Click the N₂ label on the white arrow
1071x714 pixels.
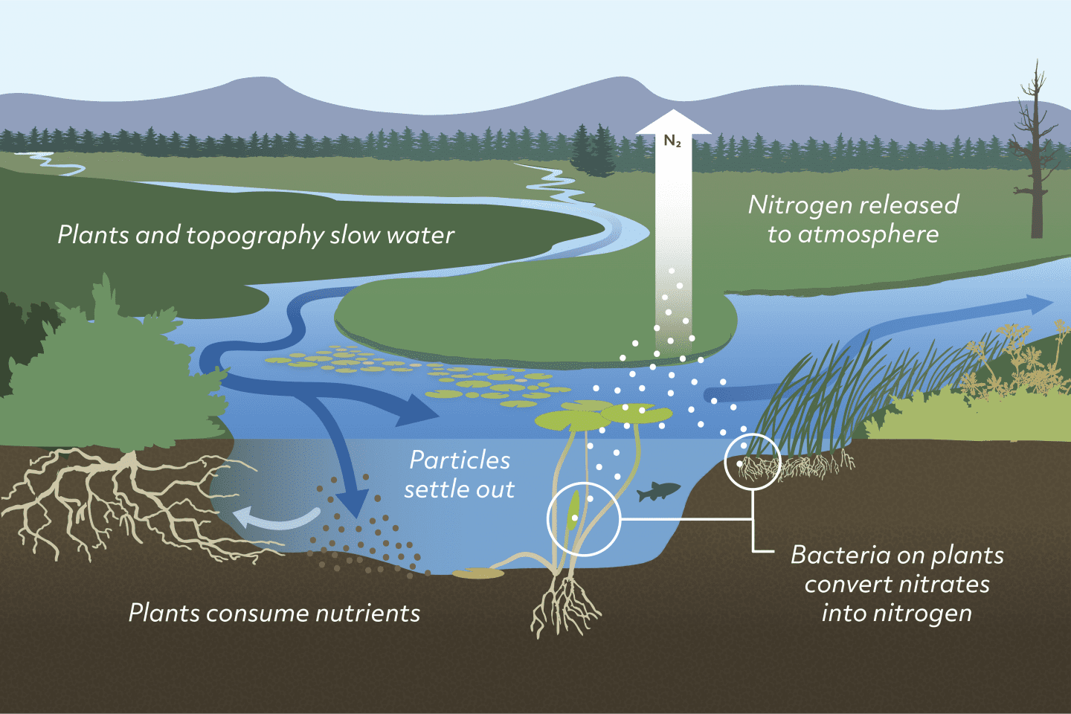pos(672,141)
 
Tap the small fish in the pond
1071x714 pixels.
pos(658,491)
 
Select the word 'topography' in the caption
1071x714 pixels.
pos(255,236)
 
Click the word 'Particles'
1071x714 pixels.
pos(460,460)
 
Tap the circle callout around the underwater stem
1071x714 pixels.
pos(584,519)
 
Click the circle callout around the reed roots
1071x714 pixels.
pos(752,462)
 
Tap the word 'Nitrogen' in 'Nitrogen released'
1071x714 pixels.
pos(799,205)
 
